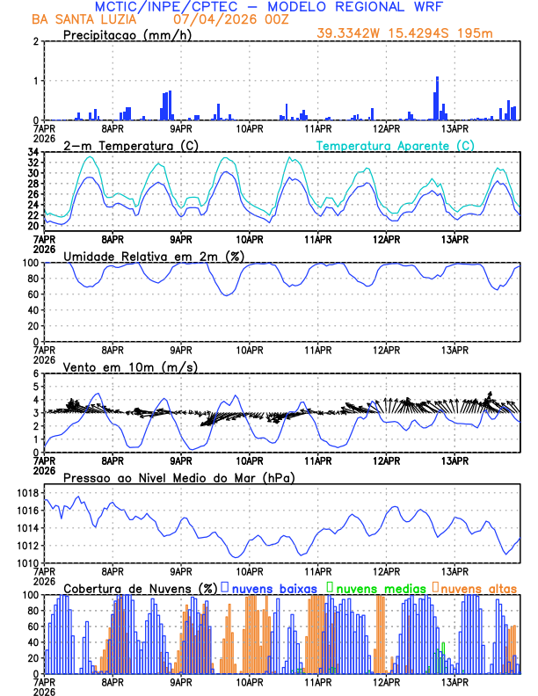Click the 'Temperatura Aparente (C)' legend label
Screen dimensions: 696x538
[x=396, y=146]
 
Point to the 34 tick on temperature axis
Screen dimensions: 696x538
[x=33, y=153]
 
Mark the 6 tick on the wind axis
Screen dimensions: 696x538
[x=36, y=373]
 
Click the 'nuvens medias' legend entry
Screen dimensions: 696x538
[x=380, y=588]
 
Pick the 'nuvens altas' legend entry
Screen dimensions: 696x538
[x=478, y=588]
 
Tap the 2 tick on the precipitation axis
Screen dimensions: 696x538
[x=36, y=41]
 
